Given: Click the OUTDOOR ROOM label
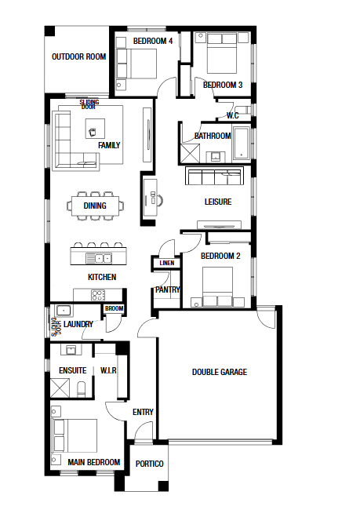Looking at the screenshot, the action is [x=78, y=56].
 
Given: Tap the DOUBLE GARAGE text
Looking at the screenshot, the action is [x=220, y=372].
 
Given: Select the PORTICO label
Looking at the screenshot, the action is [x=149, y=464].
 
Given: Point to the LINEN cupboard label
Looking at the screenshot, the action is [x=167, y=263].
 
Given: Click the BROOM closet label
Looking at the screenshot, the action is [x=114, y=308].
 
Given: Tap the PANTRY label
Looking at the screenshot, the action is [x=168, y=289].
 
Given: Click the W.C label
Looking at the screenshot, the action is [x=233, y=115].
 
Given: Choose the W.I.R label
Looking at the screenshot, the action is [x=108, y=370].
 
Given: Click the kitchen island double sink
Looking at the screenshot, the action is [x=99, y=258].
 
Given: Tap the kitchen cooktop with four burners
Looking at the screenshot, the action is [x=98, y=295].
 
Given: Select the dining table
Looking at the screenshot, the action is [x=95, y=206].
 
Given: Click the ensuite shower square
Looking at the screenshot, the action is [x=60, y=388].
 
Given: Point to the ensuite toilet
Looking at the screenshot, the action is [x=81, y=389].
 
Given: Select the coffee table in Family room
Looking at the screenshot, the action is [x=95, y=129].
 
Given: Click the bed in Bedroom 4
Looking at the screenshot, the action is [x=136, y=64].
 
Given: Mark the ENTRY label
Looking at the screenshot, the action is [x=143, y=412].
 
